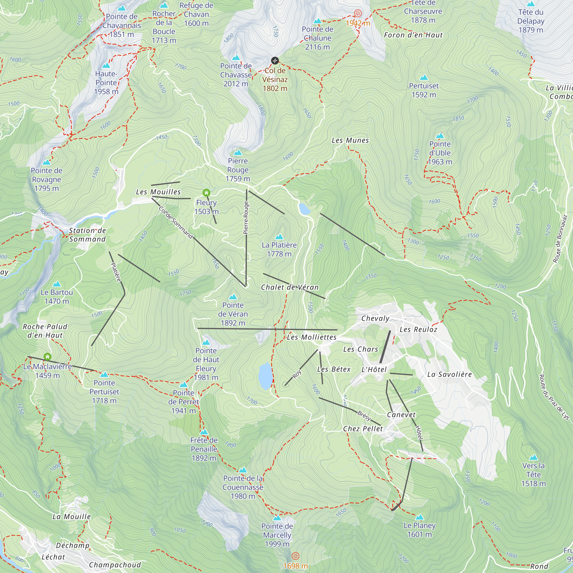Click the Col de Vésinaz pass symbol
pyautogui.click(x=275, y=61)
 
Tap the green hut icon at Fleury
pyautogui.click(x=206, y=193)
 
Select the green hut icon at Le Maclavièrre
pyautogui.click(x=48, y=356)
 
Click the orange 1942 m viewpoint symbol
pyautogui.click(x=358, y=13)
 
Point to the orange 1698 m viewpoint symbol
pyautogui.click(x=295, y=556)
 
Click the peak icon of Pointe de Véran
pyautogui.click(x=233, y=297)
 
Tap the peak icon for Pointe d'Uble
pyautogui.click(x=440, y=136)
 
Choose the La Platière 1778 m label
pyautogui.click(x=279, y=250)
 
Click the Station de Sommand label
pyautogui.click(x=87, y=235)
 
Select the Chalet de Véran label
pyautogui.click(x=290, y=287)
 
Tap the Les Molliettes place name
pyautogui.click(x=312, y=337)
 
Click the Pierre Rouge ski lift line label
pyautogui.click(x=246, y=218)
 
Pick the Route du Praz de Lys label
pyautogui.click(x=554, y=397)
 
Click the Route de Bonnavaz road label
pyautogui.click(x=560, y=239)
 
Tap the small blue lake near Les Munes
pyautogui.click(x=304, y=209)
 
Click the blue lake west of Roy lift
pyautogui.click(x=265, y=376)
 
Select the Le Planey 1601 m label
pyautogui.click(x=419, y=530)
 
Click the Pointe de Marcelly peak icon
pyautogui.click(x=277, y=518)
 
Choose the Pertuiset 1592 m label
pyautogui.click(x=423, y=90)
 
